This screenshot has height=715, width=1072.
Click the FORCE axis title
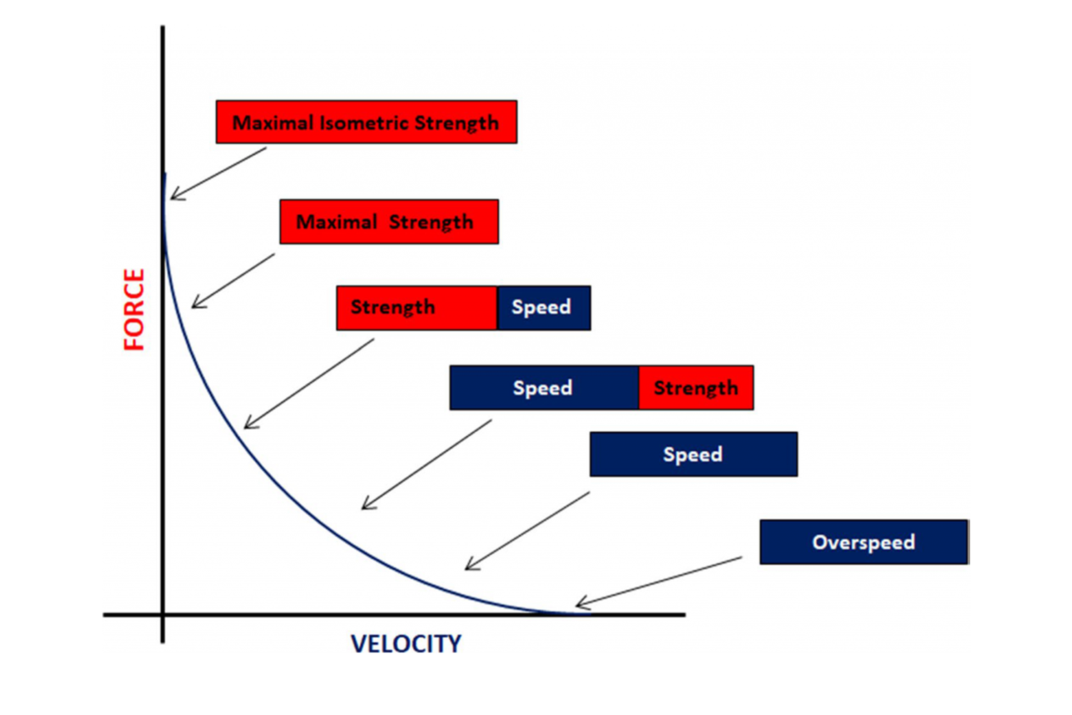(134, 310)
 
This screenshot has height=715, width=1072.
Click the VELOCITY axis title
(406, 643)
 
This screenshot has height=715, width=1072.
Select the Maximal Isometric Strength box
(366, 122)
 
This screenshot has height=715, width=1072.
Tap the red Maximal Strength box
(389, 222)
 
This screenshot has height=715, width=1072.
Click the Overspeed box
(863, 542)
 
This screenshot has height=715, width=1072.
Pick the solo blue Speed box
(693, 454)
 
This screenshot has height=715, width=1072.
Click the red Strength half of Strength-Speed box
(416, 307)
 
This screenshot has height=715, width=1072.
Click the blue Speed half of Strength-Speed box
(543, 307)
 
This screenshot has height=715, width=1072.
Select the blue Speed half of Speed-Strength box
(543, 388)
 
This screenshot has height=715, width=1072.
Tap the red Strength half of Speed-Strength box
(696, 388)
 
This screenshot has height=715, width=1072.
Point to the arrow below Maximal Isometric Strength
(218, 174)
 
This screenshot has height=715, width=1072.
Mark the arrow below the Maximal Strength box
(233, 281)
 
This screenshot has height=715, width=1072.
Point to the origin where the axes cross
(163, 614)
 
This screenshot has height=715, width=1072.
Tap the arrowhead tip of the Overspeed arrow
(577, 605)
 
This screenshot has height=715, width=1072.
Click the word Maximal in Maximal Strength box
(336, 222)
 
